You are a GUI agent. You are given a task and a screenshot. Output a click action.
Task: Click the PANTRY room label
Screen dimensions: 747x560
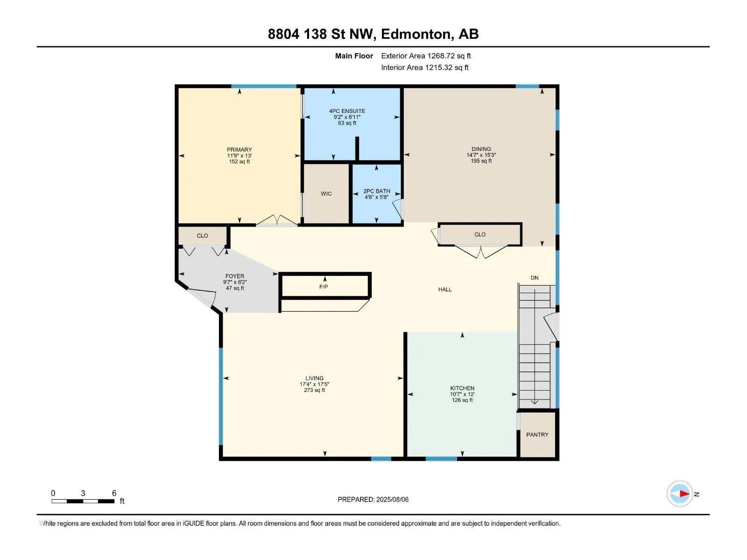pyautogui.click(x=537, y=434)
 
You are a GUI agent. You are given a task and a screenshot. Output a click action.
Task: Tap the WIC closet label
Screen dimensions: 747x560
pyautogui.click(x=326, y=194)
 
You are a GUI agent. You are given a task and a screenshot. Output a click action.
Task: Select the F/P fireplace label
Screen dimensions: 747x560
pyautogui.click(x=324, y=287)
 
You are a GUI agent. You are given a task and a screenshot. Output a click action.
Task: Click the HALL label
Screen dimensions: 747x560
pyautogui.click(x=445, y=290)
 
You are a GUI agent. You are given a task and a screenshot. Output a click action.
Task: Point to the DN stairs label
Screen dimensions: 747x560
pyautogui.click(x=534, y=278)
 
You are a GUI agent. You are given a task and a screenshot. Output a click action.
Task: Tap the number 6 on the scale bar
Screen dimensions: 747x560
pyautogui.click(x=114, y=493)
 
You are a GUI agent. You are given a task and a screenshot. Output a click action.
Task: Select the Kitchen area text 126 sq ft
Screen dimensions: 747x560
pyautogui.click(x=462, y=400)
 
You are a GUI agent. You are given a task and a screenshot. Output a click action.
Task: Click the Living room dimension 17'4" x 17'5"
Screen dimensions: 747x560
pyautogui.click(x=314, y=384)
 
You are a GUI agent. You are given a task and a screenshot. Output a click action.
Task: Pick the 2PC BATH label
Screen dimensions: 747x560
pyautogui.click(x=376, y=191)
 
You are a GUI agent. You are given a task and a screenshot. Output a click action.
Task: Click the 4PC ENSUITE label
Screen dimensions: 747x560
pyautogui.click(x=347, y=111)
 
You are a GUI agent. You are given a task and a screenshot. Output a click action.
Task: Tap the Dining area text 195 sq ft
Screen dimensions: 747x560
pyautogui.click(x=481, y=161)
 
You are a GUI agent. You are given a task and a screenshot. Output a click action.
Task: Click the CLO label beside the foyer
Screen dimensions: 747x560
pyautogui.click(x=202, y=236)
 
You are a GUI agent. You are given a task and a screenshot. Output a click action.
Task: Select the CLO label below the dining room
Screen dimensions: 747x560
pyautogui.click(x=480, y=235)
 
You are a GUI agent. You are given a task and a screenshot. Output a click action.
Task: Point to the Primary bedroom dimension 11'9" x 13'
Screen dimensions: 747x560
pyautogui.click(x=239, y=156)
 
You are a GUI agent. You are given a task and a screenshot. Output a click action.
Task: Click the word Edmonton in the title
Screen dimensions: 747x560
pyautogui.click(x=416, y=34)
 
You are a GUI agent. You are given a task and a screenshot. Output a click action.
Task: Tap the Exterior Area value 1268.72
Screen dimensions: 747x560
pyautogui.click(x=440, y=56)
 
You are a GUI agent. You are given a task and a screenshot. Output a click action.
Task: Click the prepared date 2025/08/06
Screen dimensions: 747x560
pyautogui.click(x=392, y=499)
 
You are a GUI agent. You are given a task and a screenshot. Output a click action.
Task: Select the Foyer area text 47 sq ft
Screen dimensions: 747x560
pyautogui.click(x=235, y=288)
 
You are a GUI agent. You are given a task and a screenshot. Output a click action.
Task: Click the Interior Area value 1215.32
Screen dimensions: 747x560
pyautogui.click(x=439, y=67)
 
